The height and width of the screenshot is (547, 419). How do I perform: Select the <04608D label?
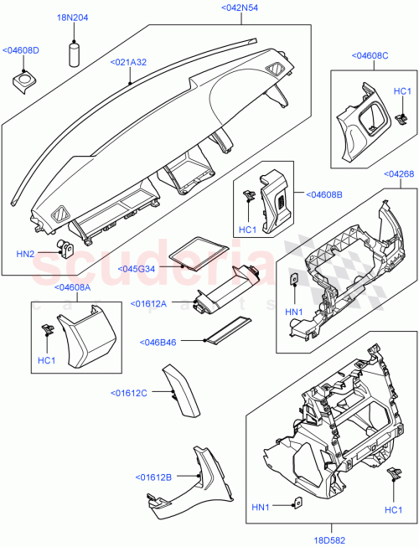[x=21, y=50]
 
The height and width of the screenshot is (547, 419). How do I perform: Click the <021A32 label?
[x=129, y=62]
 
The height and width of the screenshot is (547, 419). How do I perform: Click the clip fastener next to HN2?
[x=65, y=248]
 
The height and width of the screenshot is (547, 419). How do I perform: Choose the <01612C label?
[x=129, y=392]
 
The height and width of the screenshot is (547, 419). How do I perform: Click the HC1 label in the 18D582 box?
[x=392, y=509]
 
